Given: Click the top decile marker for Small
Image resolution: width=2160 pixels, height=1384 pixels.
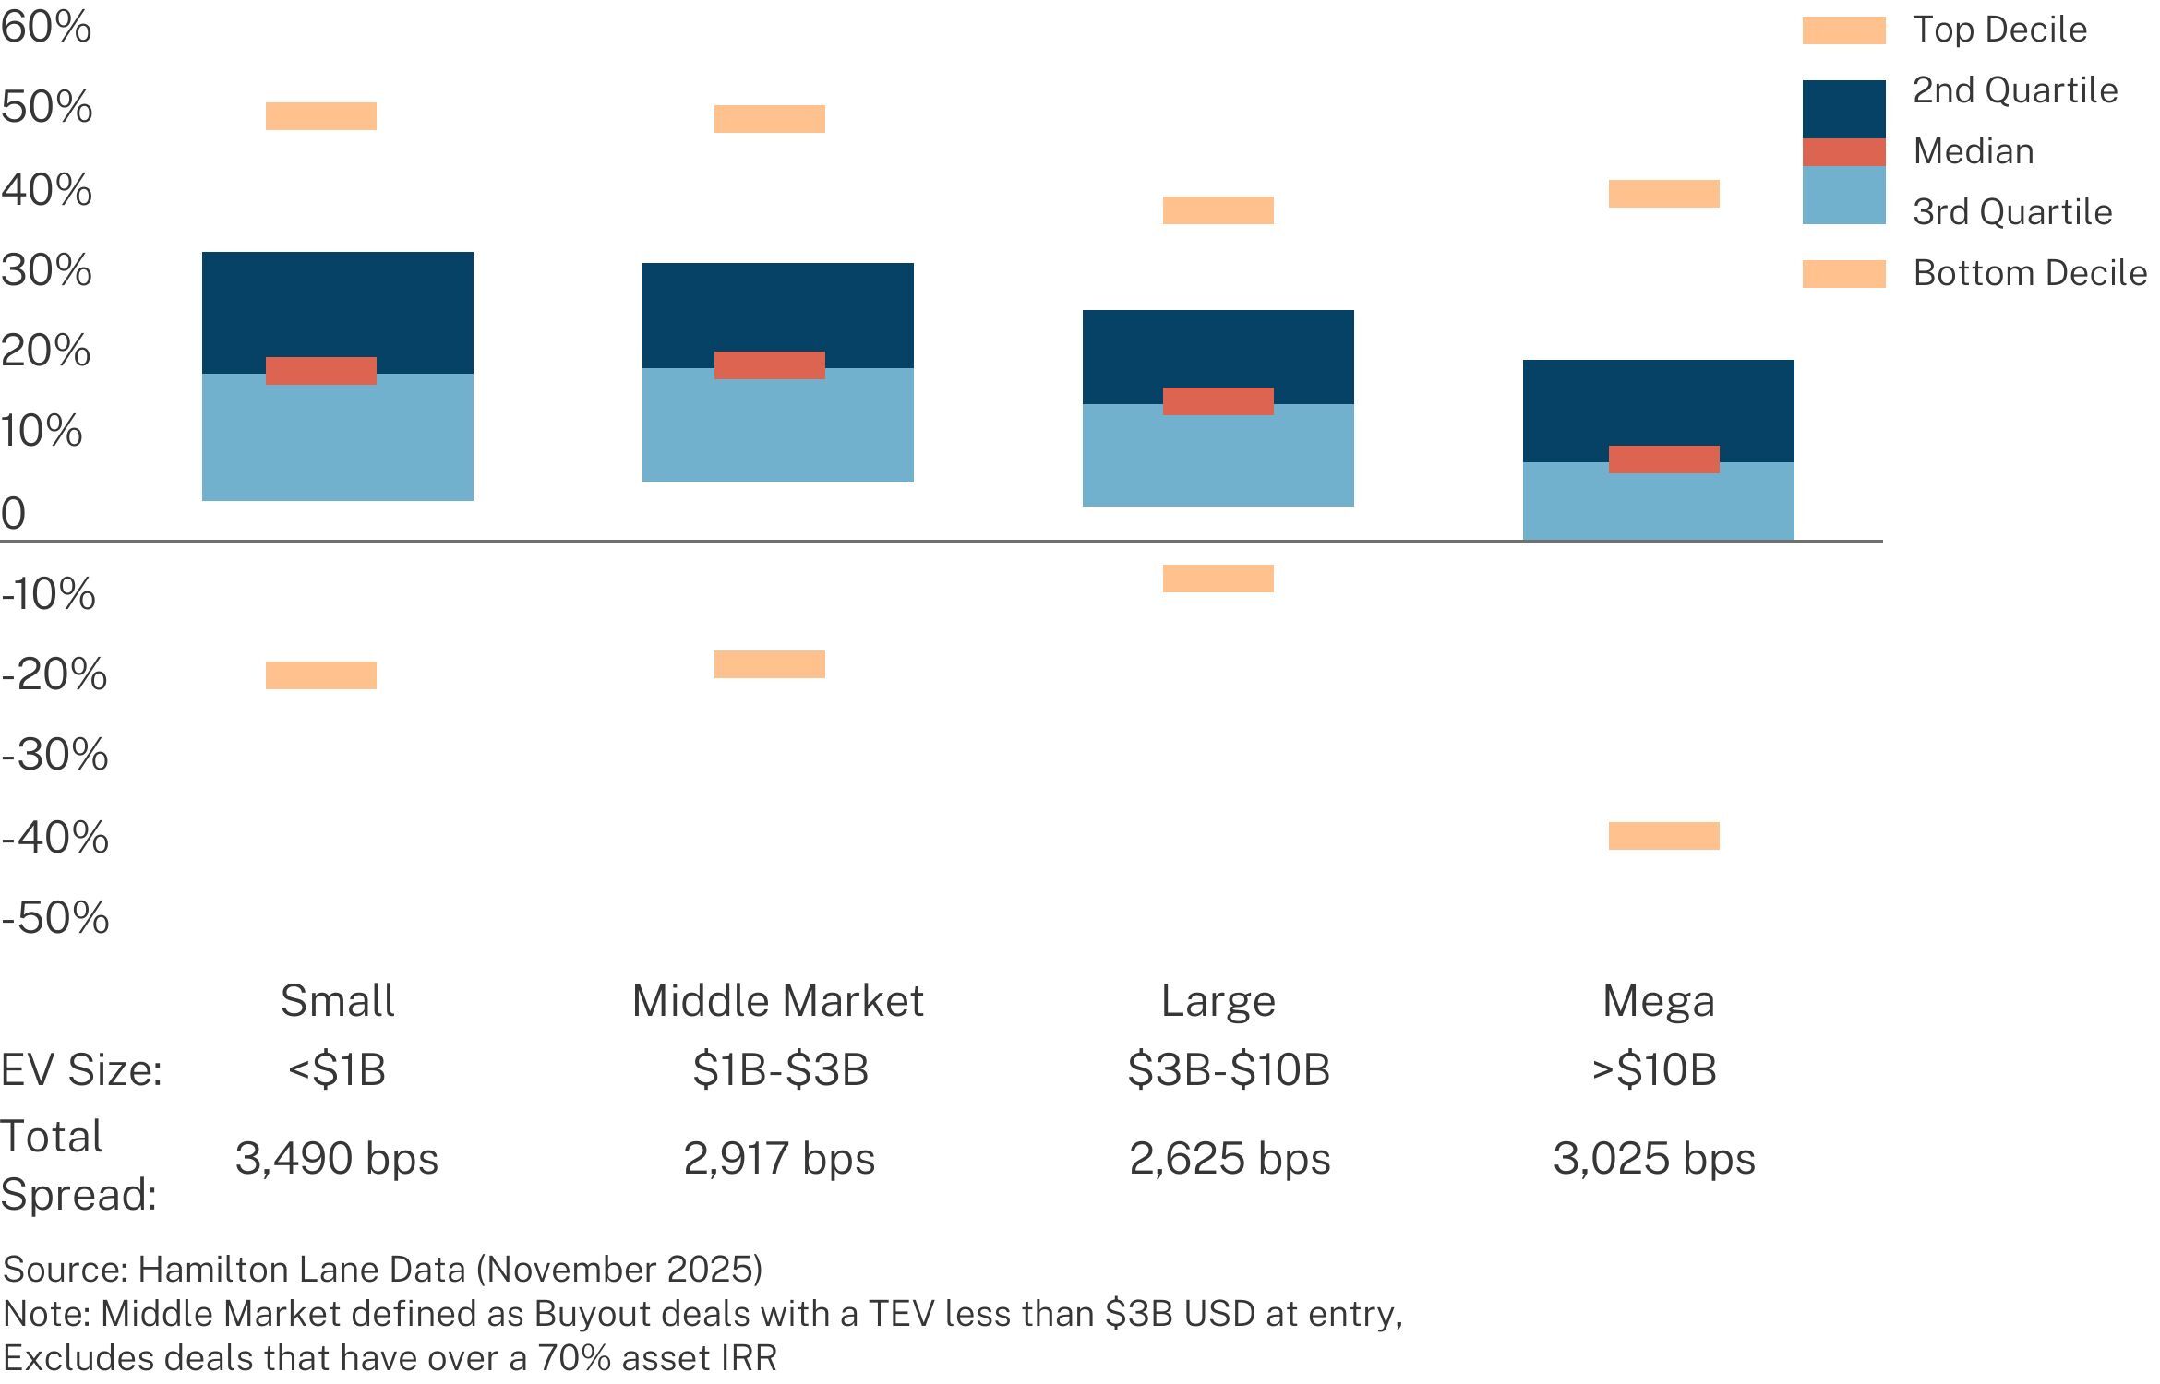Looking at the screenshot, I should (x=320, y=116).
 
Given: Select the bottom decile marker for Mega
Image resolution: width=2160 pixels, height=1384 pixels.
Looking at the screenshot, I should (x=1663, y=836).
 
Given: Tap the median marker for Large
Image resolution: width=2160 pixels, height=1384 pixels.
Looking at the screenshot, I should (x=1218, y=401).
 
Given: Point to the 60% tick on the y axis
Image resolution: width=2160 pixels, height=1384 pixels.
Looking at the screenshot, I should (x=46, y=27).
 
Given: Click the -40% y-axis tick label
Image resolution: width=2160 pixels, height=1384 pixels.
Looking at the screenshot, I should (x=55, y=838).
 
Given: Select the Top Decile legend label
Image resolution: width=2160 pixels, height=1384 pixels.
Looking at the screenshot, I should (x=1999, y=30).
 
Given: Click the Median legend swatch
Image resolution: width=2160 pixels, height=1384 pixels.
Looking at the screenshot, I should (x=1843, y=152).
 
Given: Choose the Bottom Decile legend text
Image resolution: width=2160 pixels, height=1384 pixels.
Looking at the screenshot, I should (x=2030, y=273).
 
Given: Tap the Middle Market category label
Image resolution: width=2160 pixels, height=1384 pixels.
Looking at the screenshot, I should (x=777, y=1001).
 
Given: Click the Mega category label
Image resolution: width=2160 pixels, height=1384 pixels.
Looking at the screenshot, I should (x=1658, y=1001).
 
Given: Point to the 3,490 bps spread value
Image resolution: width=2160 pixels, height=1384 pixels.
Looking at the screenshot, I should (x=337, y=1159).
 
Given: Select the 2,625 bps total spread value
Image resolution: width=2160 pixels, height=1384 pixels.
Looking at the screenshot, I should (x=1230, y=1159).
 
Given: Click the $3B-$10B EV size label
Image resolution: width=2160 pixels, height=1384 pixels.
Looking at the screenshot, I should (x=1229, y=1070).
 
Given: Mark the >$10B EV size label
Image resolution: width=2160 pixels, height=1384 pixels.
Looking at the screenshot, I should (x=1654, y=1070).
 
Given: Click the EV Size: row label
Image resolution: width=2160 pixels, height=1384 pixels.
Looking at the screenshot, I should (x=81, y=1070).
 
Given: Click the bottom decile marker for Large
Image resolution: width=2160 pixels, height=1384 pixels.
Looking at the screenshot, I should (x=1218, y=579).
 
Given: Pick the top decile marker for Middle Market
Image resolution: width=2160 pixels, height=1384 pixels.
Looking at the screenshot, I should (x=769, y=119).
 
